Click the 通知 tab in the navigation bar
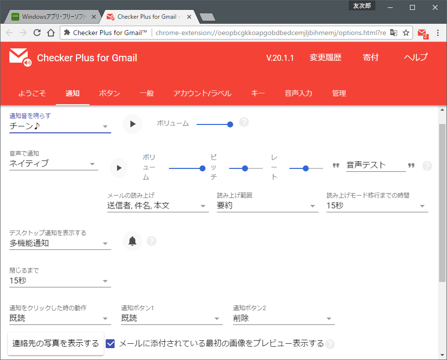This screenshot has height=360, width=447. tap(73, 93)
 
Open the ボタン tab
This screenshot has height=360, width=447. tap(109, 93)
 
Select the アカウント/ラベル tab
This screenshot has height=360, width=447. tap(202, 93)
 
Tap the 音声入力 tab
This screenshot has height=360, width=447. tap(298, 93)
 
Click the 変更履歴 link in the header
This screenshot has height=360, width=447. tap(325, 58)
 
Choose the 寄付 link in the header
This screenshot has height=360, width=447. tap(370, 58)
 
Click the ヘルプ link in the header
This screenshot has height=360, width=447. tap(415, 58)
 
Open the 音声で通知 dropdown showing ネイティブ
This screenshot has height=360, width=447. tap(53, 164)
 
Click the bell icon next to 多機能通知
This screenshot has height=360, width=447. tap(132, 241)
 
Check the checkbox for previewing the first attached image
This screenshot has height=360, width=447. tap(111, 343)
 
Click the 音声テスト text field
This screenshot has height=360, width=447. tap(375, 165)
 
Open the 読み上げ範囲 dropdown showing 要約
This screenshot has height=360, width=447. tap(267, 206)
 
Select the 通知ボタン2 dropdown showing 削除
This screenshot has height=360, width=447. tap(284, 319)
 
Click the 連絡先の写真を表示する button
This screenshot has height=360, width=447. tap(56, 344)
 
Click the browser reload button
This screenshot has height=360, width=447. tap(37, 33)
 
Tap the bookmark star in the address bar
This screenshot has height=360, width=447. tap(406, 33)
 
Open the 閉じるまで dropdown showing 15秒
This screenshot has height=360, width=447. tap(60, 281)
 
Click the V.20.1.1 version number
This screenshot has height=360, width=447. tap(280, 58)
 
